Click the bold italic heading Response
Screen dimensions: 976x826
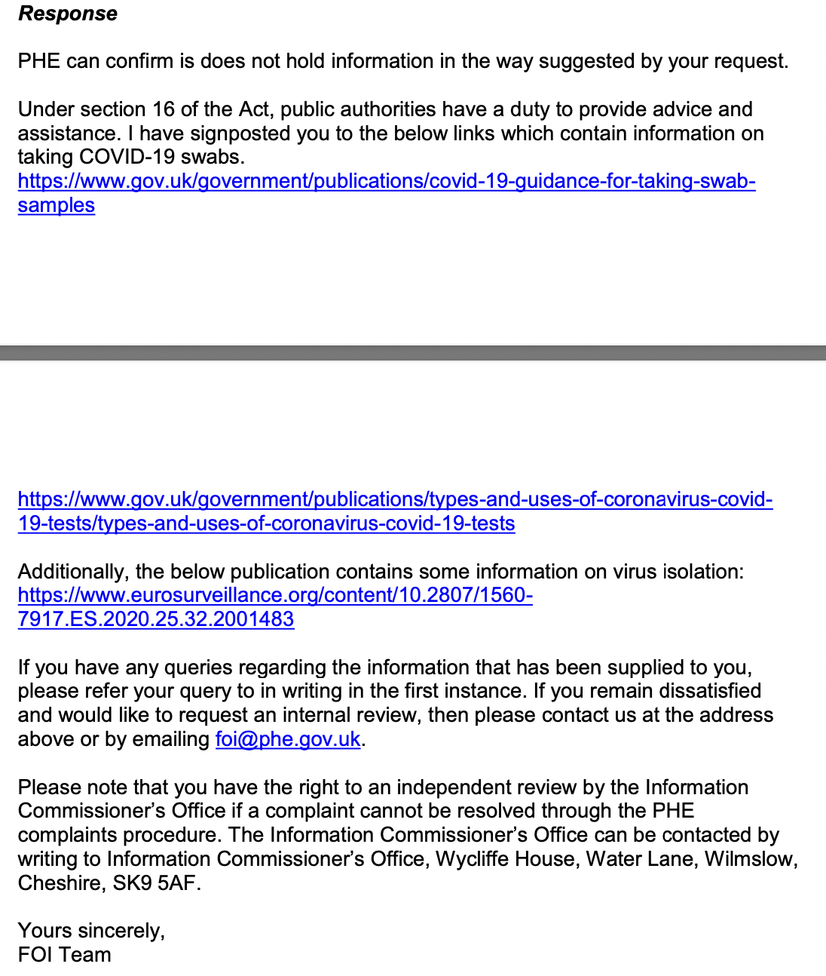tap(68, 14)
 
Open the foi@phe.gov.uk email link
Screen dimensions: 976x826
tap(288, 739)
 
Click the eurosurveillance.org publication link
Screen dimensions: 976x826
tap(275, 595)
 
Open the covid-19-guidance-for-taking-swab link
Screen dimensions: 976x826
tap(386, 181)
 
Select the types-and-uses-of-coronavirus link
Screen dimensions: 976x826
tap(395, 499)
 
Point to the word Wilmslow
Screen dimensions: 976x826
tap(751, 859)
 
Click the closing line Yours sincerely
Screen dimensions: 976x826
tap(91, 931)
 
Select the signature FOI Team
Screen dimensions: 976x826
tap(65, 955)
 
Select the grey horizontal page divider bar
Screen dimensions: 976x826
tap(413, 353)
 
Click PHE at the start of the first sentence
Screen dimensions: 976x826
tap(38, 61)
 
